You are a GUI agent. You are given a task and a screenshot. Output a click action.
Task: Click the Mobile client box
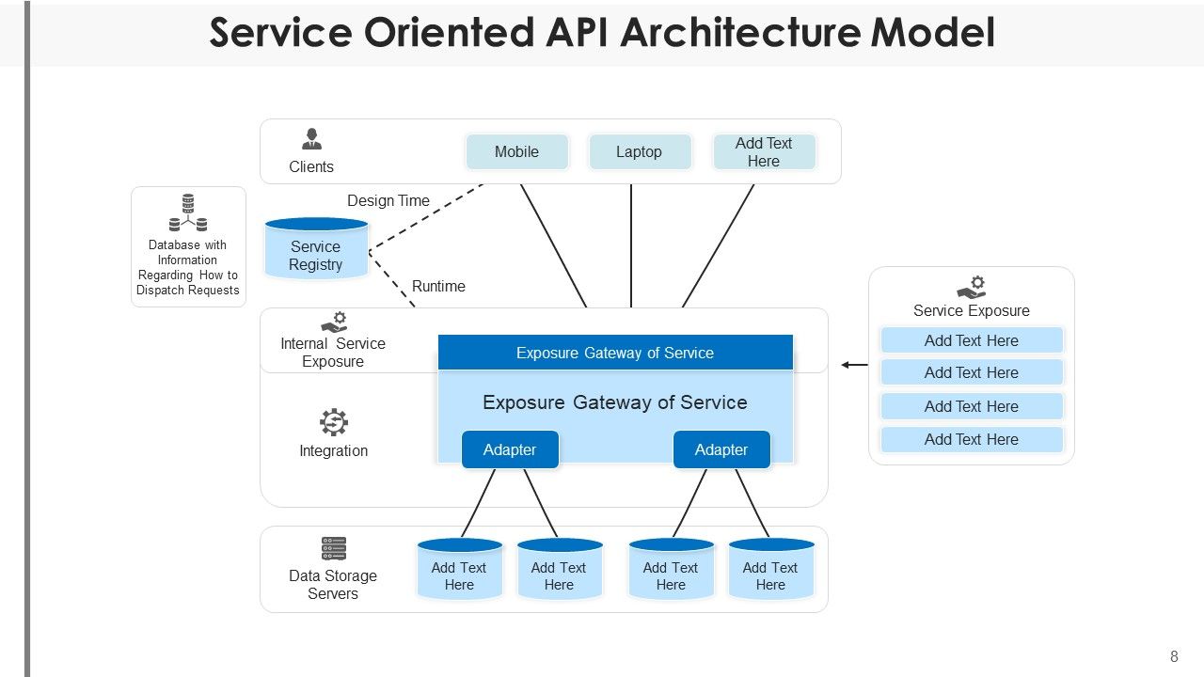coord(516,151)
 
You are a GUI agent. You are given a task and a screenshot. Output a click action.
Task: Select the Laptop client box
coord(639,151)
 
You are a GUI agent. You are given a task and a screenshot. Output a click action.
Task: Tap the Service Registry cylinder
coord(316,251)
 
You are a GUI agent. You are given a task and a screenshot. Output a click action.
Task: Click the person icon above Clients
coord(311,139)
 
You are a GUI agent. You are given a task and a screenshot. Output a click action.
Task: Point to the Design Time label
coord(388,200)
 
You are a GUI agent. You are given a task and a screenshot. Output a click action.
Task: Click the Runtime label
coord(438,286)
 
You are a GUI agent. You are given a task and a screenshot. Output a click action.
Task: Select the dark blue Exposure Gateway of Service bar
coord(615,353)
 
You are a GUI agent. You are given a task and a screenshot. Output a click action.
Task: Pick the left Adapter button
coord(510,449)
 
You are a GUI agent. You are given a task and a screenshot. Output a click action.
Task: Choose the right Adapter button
coord(721,449)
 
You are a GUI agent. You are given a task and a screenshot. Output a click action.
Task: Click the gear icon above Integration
coord(334,422)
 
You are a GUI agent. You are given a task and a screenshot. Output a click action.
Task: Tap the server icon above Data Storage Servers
coord(334,548)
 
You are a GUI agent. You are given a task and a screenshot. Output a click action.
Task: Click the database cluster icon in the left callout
coord(188,213)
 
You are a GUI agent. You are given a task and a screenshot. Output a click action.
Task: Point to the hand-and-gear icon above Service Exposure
coord(972,288)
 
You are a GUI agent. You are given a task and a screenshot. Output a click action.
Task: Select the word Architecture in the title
coord(741,32)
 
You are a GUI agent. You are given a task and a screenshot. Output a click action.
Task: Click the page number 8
coord(1174,657)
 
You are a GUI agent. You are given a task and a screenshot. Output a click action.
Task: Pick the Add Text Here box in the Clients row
coord(764,151)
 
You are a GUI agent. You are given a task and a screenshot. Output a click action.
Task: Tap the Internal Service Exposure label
coord(333,353)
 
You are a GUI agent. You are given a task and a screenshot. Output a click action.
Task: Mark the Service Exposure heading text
coord(972,310)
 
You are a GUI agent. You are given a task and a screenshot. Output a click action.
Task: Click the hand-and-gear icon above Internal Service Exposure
coord(334,322)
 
